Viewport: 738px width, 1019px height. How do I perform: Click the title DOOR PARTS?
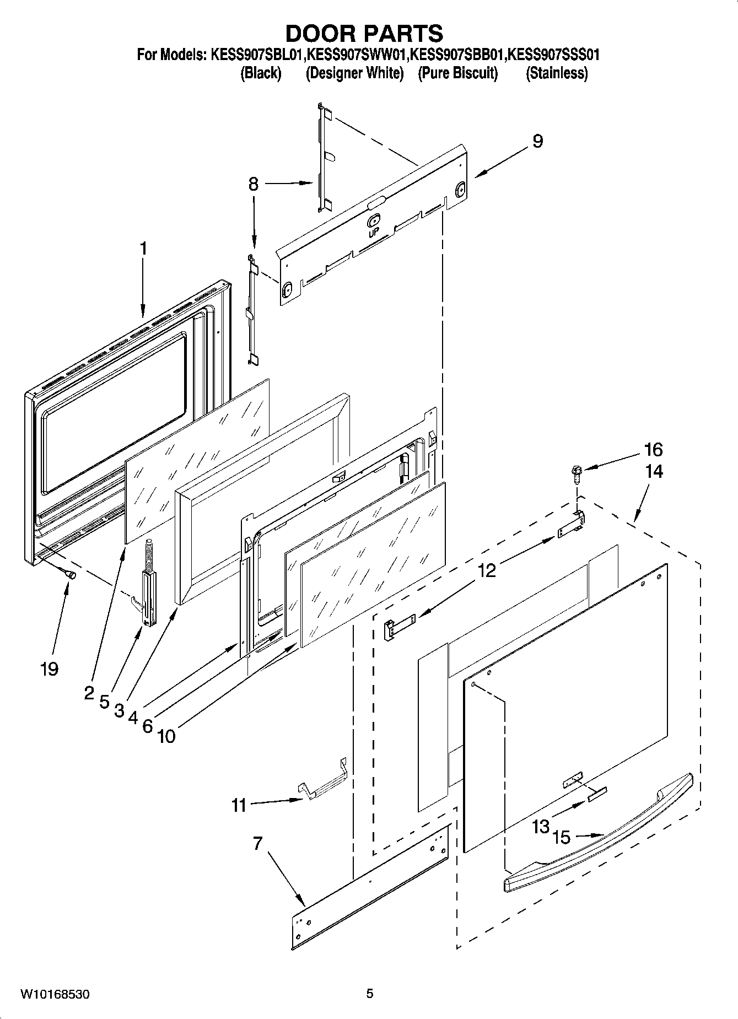coord(364,34)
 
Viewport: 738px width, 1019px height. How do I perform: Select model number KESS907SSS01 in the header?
coord(553,55)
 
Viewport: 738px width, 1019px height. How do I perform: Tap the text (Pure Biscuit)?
coord(457,73)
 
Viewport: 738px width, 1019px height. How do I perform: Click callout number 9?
coord(537,141)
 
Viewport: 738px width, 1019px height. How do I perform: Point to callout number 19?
coord(49,669)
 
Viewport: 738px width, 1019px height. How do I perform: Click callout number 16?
coord(653,450)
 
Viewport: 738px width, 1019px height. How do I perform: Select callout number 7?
coord(258,844)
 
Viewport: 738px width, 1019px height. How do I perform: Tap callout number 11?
coord(239,806)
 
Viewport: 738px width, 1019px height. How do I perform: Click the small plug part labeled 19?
coord(71,574)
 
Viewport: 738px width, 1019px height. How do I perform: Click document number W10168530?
coord(55,995)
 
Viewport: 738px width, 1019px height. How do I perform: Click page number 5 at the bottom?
coord(370,994)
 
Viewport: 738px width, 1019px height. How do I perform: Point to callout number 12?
coord(487,570)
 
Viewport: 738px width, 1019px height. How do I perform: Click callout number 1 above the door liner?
coord(143,249)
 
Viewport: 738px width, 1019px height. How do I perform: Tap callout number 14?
coord(654,472)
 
